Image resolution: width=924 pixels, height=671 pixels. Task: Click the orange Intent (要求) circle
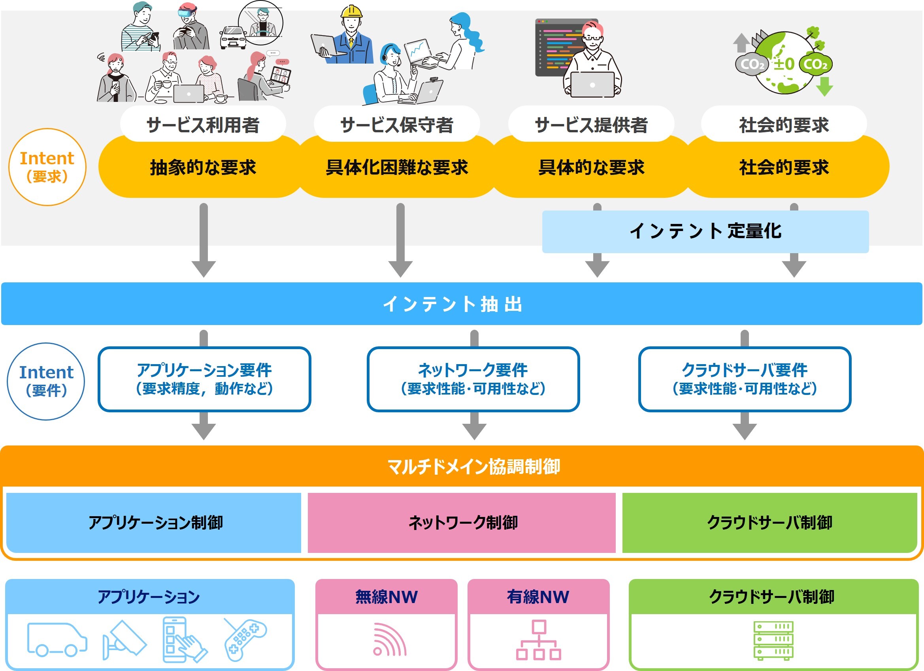click(47, 167)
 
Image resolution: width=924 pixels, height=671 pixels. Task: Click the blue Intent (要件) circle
click(46, 381)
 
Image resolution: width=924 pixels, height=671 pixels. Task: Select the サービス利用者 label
click(203, 124)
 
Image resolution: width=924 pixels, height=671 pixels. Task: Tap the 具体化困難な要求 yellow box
click(397, 167)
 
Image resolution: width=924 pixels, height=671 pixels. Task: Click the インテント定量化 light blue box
click(705, 231)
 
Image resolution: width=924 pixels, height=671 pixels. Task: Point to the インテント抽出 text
click(452, 304)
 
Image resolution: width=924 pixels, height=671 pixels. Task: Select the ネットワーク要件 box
click(473, 379)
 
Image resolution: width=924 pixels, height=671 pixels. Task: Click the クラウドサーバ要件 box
click(744, 379)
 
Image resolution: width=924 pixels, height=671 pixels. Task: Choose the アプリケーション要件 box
click(204, 379)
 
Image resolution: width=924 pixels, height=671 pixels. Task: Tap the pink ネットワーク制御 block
click(462, 523)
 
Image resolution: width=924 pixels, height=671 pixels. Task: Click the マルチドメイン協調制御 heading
click(473, 466)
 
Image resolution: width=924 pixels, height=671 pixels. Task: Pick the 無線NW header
click(386, 597)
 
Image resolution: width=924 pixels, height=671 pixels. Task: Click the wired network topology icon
click(539, 640)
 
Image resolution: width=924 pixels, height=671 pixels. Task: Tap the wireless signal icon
click(389, 641)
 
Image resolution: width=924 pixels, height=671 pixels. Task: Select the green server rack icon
click(773, 641)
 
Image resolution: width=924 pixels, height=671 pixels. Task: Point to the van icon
click(57, 639)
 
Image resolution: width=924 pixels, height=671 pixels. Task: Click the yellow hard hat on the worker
click(351, 11)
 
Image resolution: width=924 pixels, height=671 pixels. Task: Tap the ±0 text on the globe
click(783, 64)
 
